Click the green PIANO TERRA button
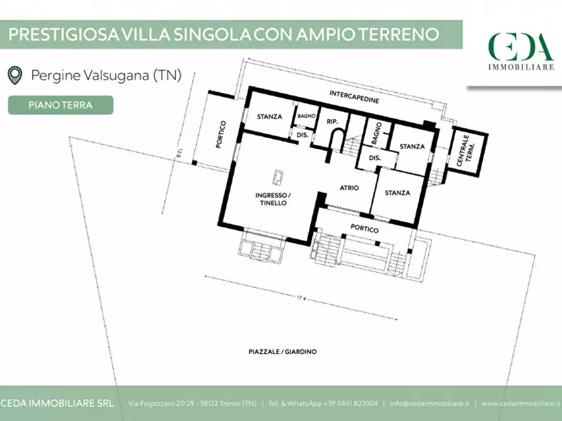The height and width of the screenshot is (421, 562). (x=60, y=105)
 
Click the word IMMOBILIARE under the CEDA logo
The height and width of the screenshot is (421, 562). (x=521, y=66)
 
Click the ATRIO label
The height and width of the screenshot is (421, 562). (x=349, y=187)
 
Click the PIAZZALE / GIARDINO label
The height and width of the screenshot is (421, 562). (x=282, y=352)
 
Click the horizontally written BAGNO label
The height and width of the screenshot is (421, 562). (x=306, y=116)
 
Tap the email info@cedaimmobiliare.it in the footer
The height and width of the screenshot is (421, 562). (x=429, y=403)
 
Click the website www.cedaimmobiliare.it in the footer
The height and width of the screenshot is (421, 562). (x=521, y=403)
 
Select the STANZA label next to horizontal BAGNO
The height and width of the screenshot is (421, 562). (x=269, y=116)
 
